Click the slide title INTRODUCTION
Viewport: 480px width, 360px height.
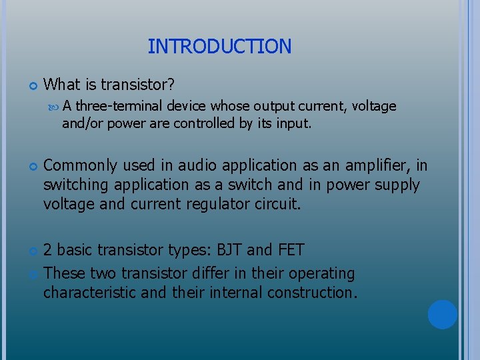coord(219,47)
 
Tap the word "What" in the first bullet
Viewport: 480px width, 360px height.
coord(61,85)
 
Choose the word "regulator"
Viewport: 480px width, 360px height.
coord(217,203)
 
